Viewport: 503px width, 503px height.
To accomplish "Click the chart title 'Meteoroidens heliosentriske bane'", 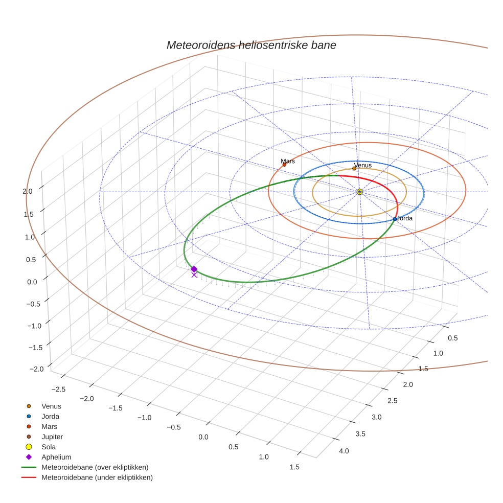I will [x=251, y=45].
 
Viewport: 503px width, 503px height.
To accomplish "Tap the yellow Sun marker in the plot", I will [x=359, y=192].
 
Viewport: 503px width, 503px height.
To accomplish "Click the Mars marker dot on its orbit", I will [x=284, y=165].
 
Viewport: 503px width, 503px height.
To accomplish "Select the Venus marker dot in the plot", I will [x=354, y=168].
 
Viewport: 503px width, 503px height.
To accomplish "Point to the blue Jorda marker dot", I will [x=395, y=219].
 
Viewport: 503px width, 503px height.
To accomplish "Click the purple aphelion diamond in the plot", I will [x=194, y=269].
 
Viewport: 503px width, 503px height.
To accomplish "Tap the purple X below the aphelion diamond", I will [x=194, y=275].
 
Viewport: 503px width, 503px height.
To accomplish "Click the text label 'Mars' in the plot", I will [x=288, y=161].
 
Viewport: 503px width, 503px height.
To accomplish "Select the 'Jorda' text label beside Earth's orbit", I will [x=404, y=218].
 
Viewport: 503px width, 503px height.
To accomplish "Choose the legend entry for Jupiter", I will [x=52, y=437].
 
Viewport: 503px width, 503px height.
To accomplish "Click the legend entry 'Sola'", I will [x=49, y=447].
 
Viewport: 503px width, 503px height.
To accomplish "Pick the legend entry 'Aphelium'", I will [x=56, y=457].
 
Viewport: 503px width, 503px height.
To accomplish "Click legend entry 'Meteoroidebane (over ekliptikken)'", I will [x=95, y=467].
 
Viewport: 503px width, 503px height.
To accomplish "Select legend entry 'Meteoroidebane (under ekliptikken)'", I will [x=97, y=477].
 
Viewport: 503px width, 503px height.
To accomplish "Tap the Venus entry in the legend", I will [x=51, y=406].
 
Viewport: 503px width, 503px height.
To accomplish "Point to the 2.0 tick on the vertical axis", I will [x=28, y=191].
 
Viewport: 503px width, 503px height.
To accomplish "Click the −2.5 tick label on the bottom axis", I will [x=59, y=389].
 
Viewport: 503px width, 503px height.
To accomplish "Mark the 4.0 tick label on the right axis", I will [x=344, y=451].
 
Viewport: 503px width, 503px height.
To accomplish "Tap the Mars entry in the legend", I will [x=49, y=426].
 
